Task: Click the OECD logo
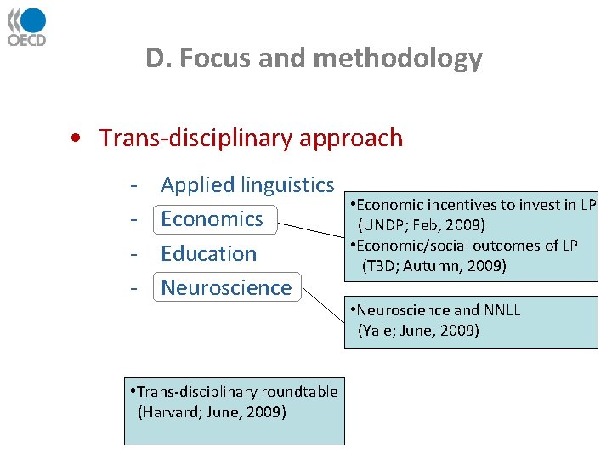(27, 26)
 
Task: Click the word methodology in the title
(398, 59)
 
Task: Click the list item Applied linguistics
(247, 184)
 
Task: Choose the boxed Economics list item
(212, 219)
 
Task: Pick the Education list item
(208, 253)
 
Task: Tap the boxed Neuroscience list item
(226, 287)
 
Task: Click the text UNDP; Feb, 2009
(422, 225)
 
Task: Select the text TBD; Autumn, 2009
(434, 266)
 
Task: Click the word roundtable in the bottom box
(298, 392)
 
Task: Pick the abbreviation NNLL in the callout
(501, 309)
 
